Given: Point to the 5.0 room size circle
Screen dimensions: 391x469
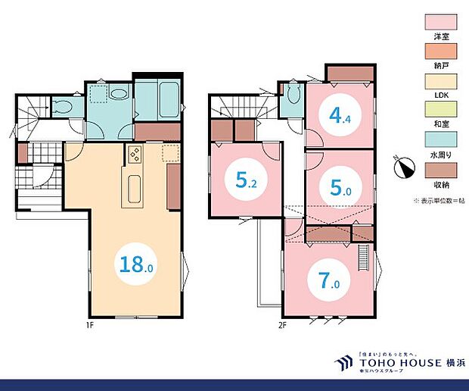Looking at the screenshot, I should pyautogui.click(x=340, y=187).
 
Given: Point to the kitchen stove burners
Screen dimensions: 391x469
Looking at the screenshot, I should pyautogui.click(x=135, y=155).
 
